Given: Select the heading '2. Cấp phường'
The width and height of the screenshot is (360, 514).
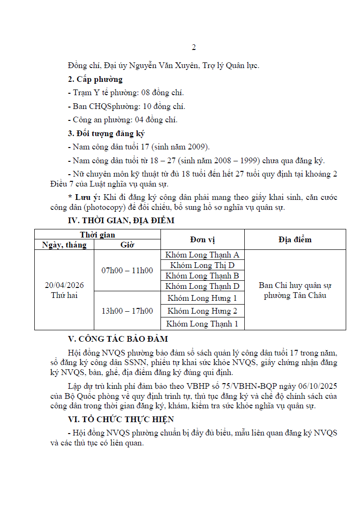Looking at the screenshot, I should point(95,79).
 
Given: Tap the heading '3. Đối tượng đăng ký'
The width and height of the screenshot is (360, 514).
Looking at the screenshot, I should point(106,133).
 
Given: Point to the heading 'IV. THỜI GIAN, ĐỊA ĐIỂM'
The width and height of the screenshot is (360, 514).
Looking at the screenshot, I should point(121,220).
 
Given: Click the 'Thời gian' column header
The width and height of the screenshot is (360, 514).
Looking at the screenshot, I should point(97,235).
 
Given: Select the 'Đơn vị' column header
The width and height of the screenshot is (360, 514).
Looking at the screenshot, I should point(202,240).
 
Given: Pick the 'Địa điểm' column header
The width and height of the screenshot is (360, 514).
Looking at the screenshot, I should point(295,240).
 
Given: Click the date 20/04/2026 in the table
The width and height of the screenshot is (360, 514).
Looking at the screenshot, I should point(64,285).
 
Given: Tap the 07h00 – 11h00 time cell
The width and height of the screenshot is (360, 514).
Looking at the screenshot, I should point(127,270).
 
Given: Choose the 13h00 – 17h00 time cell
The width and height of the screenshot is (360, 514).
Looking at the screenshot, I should point(127,311).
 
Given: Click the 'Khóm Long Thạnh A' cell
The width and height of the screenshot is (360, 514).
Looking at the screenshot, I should point(202,255).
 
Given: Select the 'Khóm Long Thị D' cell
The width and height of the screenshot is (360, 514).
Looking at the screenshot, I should point(202,265).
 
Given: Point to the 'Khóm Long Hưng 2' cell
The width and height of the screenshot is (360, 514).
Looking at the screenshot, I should point(202,311).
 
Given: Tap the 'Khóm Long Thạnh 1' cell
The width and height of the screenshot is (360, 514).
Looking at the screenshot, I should point(202,324).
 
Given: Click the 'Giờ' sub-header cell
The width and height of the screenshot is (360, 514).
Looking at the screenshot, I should point(127,245).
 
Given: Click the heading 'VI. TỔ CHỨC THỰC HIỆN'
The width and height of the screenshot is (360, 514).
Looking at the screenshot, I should point(121,419).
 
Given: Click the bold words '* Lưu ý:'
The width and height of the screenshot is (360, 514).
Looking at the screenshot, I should point(84,197).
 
